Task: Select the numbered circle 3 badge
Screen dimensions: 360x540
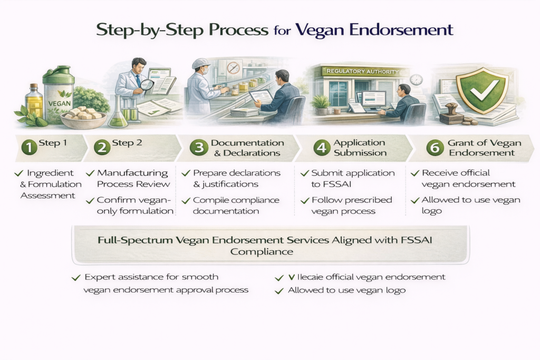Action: pyautogui.click(x=199, y=148)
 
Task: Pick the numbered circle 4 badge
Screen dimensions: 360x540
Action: pyautogui.click(x=321, y=148)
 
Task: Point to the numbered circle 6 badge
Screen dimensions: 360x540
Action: pyautogui.click(x=435, y=148)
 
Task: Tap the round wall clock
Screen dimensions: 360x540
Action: pyautogui.click(x=416, y=80)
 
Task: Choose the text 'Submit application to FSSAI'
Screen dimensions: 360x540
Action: pyautogui.click(x=348, y=178)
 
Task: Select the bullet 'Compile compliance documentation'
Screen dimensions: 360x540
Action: pyautogui.click(x=232, y=206)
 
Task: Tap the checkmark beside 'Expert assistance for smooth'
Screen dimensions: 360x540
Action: pyautogui.click(x=75, y=277)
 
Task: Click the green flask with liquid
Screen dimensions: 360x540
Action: pyautogui.click(x=117, y=113)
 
